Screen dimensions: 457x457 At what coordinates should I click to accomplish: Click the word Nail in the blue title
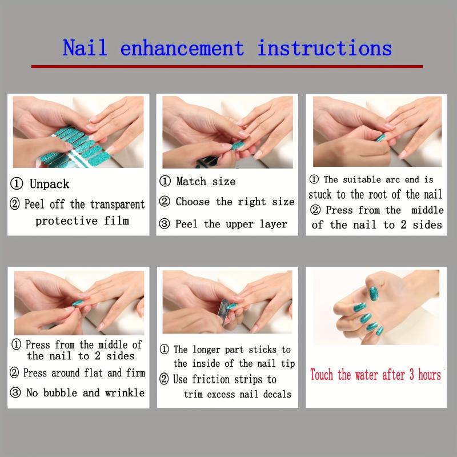tap(85, 47)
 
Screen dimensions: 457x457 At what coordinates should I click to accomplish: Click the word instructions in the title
tap(324, 47)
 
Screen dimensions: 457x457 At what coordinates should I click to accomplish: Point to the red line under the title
tap(227, 66)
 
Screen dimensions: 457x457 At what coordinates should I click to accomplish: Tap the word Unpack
tap(50, 184)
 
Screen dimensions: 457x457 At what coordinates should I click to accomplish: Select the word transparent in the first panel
tap(117, 205)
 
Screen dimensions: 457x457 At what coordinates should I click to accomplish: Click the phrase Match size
tap(206, 181)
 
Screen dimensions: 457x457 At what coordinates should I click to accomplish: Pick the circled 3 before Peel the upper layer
tap(165, 224)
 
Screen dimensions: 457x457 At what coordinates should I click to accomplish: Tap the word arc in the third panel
tap(392, 179)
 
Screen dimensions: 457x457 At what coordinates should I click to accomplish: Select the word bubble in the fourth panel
tap(61, 392)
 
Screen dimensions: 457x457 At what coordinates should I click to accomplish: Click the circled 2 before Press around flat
tap(14, 372)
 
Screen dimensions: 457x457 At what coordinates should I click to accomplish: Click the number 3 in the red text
tap(411, 375)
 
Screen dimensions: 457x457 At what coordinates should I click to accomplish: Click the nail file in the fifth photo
tap(224, 312)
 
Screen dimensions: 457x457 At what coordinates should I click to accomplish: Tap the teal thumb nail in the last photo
tap(374, 294)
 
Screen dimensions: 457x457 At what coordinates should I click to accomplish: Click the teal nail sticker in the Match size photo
tap(237, 145)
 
